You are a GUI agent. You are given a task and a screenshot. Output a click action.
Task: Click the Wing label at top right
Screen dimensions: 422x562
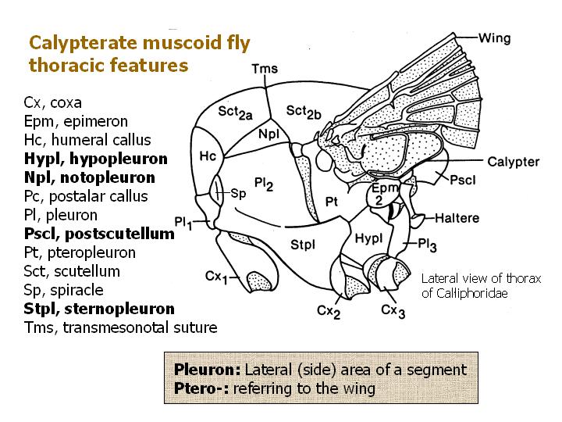pyautogui.click(x=494, y=37)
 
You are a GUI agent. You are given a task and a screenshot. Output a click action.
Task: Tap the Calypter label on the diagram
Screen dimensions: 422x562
pyautogui.click(x=513, y=162)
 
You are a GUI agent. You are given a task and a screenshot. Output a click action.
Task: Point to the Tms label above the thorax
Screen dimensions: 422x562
pyautogui.click(x=265, y=70)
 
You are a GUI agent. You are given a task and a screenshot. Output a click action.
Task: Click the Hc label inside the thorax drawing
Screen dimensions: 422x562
pyautogui.click(x=208, y=156)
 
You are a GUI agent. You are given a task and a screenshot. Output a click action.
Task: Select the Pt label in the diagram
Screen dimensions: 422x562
pyautogui.click(x=331, y=202)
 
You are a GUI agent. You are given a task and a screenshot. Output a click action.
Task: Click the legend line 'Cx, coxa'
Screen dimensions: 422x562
pyautogui.click(x=53, y=102)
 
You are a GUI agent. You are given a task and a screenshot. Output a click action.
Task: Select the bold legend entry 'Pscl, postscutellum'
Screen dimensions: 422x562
pyautogui.click(x=98, y=234)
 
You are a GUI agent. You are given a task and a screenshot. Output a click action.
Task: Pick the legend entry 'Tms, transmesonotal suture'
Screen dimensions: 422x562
pyautogui.click(x=121, y=327)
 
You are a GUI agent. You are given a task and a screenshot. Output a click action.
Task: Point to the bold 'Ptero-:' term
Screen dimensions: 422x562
pyautogui.click(x=200, y=388)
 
